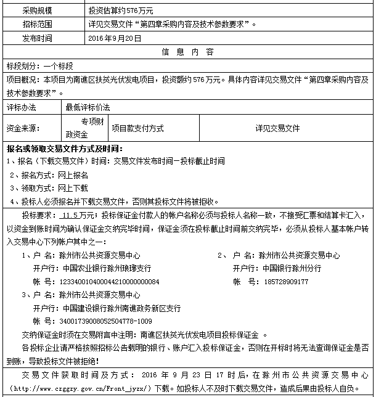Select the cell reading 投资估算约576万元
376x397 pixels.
pos(121,10)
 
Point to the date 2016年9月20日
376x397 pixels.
pos(115,38)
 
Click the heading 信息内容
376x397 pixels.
pos(187,51)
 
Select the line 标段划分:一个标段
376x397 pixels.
pos(40,65)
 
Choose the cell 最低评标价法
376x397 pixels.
pos(88,107)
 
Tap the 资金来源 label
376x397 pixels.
pos(23,128)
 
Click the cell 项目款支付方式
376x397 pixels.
pos(137,128)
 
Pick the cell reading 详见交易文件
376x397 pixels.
pos(277,128)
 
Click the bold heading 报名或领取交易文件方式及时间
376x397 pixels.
pos(65,149)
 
